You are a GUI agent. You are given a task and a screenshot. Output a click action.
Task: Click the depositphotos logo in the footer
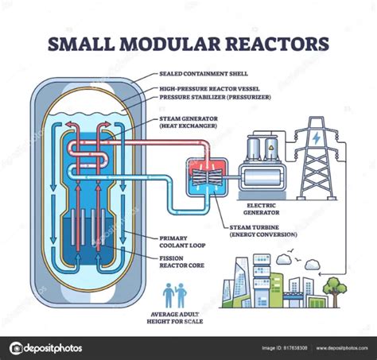point(46,347)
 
